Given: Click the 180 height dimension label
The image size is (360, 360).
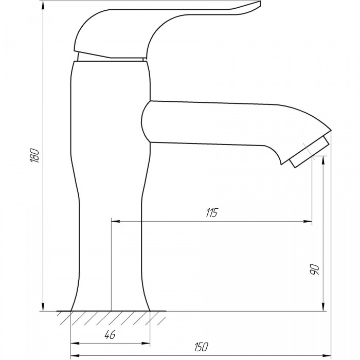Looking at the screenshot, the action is click(x=35, y=155).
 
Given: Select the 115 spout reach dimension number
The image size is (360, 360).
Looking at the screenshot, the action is click(x=211, y=213).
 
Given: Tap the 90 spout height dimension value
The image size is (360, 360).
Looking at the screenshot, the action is click(x=315, y=269).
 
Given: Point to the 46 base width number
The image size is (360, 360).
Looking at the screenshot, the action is click(x=110, y=335).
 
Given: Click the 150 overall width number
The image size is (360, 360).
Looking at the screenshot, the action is click(x=201, y=347).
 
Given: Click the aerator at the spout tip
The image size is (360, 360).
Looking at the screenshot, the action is click(x=309, y=152).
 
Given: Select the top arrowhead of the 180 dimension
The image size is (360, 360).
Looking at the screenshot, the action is click(x=43, y=6).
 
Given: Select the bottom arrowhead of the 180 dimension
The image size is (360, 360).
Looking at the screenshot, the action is click(x=43, y=307).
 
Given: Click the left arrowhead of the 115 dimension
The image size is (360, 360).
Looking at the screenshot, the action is click(x=116, y=221).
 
